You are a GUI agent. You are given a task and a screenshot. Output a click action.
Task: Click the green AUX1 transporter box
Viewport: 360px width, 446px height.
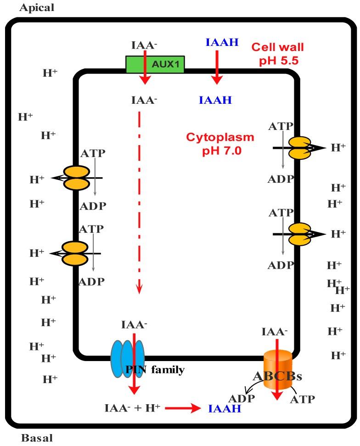(x=155, y=65)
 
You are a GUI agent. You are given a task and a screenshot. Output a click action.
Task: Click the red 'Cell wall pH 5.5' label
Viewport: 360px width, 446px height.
(x=277, y=53)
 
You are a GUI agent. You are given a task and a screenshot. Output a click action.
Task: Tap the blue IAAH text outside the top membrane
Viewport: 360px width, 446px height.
(x=222, y=43)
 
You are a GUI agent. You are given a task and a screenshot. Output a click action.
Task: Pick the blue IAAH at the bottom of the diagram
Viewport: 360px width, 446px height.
(x=225, y=408)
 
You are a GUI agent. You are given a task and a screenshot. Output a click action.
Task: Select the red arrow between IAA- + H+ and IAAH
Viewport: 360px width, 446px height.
(x=183, y=407)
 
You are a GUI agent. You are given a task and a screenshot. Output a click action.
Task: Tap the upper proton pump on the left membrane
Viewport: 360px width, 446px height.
(x=76, y=178)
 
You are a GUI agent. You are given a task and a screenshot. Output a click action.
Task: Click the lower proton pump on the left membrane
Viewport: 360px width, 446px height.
(x=75, y=253)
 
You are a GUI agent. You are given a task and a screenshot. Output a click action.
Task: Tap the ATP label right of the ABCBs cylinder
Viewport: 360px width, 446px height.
(x=303, y=399)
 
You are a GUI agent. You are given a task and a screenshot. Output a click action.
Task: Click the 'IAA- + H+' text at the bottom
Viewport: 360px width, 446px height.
(x=132, y=407)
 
